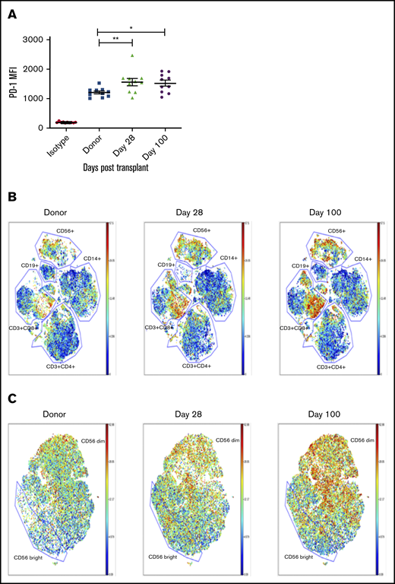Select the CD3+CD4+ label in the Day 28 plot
coord(201,367)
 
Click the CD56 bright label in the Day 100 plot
coord(300,557)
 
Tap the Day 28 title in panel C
coord(197,417)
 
